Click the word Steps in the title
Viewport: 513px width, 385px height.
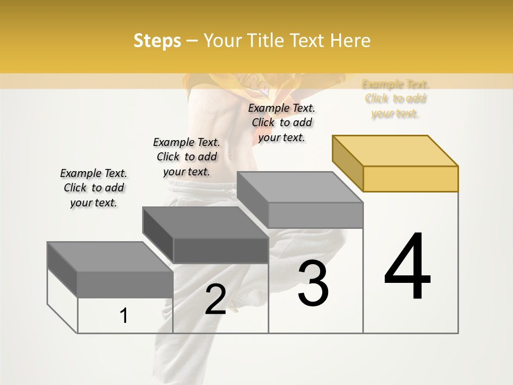point(157,41)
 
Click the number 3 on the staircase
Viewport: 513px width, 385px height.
point(313,283)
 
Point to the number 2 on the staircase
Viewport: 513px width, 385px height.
point(215,299)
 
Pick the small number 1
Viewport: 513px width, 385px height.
point(124,315)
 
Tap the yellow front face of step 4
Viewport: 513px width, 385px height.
point(410,179)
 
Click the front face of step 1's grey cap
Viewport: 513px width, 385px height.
point(125,284)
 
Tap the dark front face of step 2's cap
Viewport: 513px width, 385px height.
point(221,250)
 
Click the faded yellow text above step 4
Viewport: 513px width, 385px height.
point(395,99)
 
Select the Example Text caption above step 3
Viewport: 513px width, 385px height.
point(282,122)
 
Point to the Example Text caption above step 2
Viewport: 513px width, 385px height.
point(186,157)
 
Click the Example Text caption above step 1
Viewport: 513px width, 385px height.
point(94,188)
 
